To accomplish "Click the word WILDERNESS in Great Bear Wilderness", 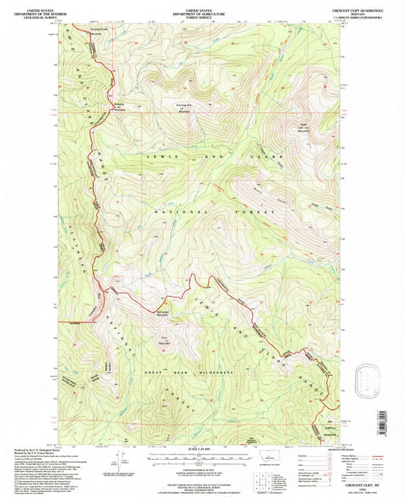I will (x=213, y=373).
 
